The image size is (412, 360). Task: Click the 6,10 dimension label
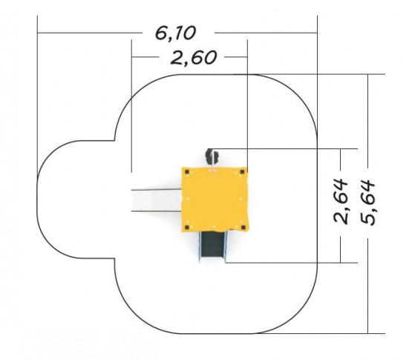(x=175, y=33)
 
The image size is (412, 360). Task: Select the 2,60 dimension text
(x=194, y=58)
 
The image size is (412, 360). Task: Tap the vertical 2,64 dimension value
(x=341, y=201)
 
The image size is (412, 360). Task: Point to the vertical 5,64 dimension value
(x=367, y=203)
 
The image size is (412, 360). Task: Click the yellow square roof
(x=215, y=200)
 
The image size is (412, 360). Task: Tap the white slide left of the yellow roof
(x=157, y=200)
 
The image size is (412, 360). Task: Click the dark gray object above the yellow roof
(x=212, y=157)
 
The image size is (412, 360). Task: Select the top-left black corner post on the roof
(x=187, y=172)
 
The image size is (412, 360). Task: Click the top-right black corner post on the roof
(x=242, y=172)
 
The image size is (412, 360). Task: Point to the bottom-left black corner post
(x=187, y=227)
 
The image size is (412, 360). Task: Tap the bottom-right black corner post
(x=243, y=228)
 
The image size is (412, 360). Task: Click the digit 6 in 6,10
(x=160, y=33)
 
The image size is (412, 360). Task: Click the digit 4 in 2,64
(x=341, y=185)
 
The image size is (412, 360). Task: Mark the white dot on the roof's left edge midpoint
(x=188, y=199)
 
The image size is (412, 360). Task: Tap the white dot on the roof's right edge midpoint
(x=241, y=199)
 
